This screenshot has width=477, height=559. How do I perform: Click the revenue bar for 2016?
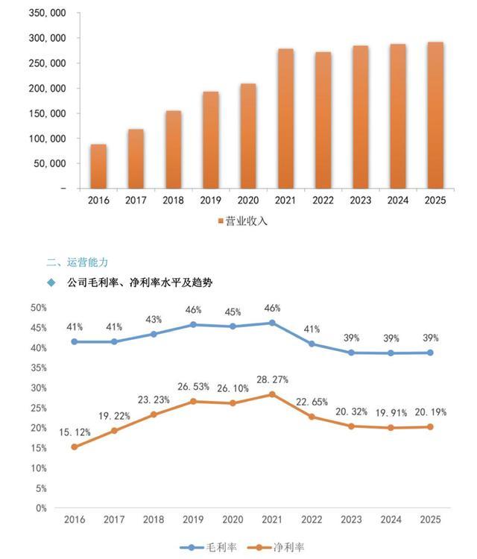point(98,165)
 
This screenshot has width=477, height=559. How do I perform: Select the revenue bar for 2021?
point(285,119)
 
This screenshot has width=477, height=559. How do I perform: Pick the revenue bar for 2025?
point(435,115)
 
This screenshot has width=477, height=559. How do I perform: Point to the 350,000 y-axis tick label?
point(45,13)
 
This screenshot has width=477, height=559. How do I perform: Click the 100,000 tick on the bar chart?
point(45,139)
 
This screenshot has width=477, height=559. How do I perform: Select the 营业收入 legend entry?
point(241,221)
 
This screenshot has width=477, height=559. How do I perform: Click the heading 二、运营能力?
point(78,262)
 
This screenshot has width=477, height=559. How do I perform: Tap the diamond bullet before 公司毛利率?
point(51,282)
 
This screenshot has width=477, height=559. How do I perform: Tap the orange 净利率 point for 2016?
point(74,447)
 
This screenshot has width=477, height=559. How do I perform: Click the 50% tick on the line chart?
point(39,307)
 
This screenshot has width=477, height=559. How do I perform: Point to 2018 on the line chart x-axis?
point(154,519)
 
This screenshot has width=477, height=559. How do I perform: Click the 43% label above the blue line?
point(154,320)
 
